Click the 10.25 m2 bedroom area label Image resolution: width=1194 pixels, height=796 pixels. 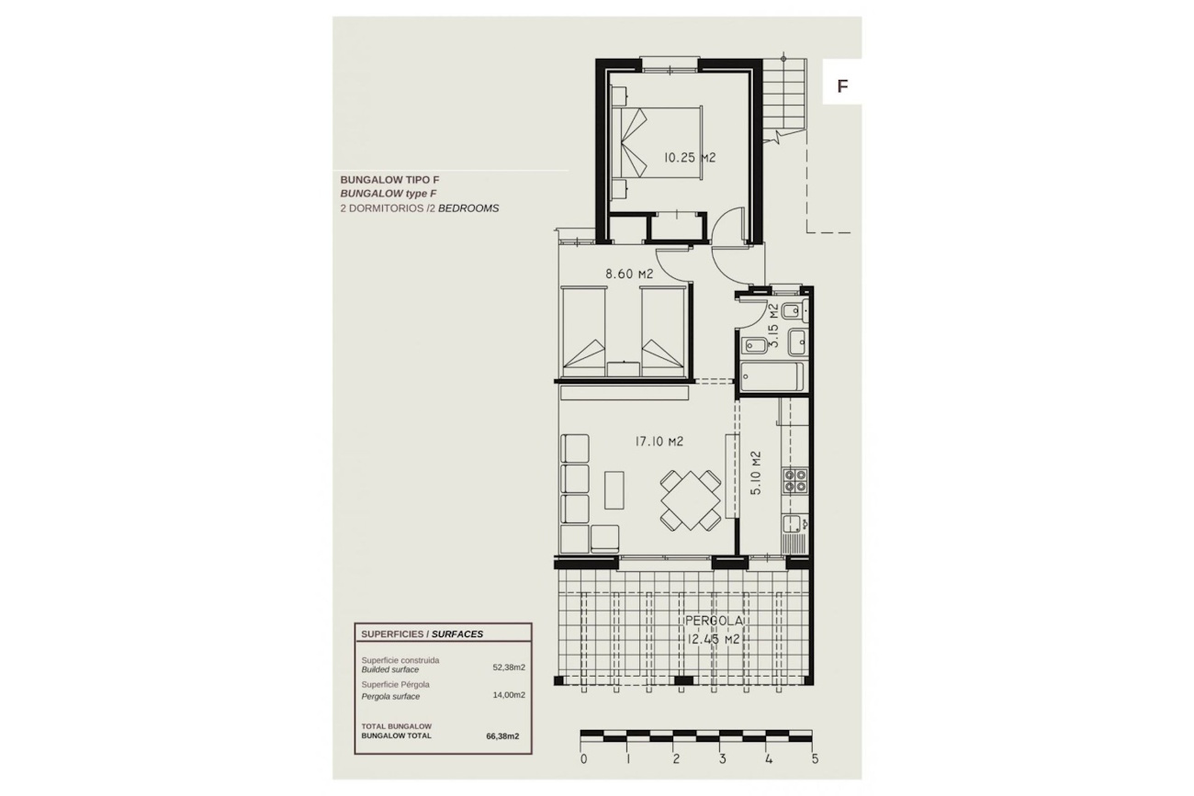point(689,158)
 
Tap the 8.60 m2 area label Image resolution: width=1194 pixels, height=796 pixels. point(629,274)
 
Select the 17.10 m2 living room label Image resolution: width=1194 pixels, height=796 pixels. point(659,442)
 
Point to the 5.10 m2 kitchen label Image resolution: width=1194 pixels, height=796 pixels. point(755,473)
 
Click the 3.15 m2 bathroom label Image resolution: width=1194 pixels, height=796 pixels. point(774,326)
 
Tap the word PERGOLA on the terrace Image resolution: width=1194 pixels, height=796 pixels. point(714,621)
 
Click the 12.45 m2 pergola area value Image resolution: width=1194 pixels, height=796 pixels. point(714,639)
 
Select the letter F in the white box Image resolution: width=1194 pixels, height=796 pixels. point(842,86)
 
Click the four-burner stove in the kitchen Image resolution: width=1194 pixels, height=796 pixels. point(794,480)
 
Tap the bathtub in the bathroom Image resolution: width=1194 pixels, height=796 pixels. point(772,377)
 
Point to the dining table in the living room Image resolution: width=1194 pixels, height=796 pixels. point(691,499)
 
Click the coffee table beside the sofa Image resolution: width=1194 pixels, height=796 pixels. point(614,489)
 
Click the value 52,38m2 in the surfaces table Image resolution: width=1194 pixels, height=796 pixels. point(509,667)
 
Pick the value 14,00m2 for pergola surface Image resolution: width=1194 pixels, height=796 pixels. point(509,695)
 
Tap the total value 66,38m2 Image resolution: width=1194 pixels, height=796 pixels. point(502,736)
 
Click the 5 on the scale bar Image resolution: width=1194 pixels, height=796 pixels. point(815,759)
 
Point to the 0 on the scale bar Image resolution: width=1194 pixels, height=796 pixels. point(583,759)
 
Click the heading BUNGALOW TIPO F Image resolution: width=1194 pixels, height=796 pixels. point(389,180)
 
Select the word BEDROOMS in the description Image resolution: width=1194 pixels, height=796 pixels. point(468,208)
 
